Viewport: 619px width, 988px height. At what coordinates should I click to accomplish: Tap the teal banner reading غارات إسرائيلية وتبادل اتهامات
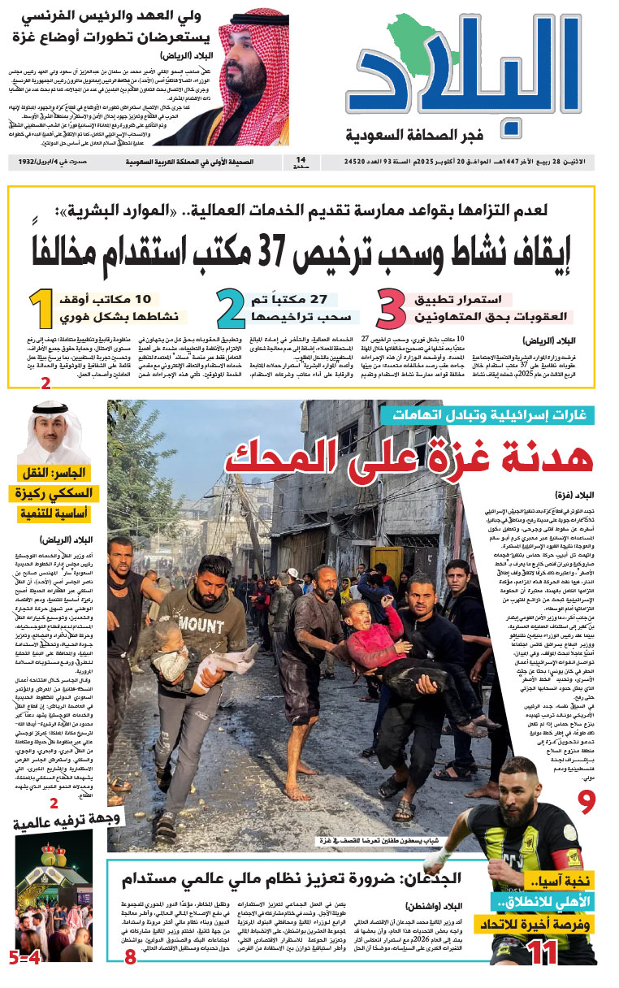489,414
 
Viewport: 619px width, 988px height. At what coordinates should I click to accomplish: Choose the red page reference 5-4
24,958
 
